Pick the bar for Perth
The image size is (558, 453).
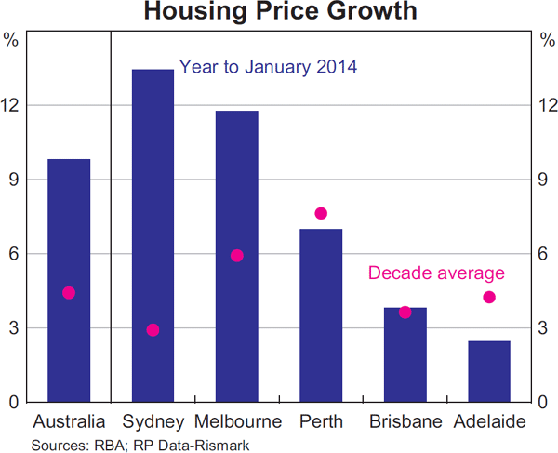pos(321,316)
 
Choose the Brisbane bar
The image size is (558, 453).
pos(405,358)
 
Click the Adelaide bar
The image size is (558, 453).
pos(489,372)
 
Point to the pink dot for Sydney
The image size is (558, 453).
pos(153,330)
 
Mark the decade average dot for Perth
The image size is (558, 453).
pos(321,213)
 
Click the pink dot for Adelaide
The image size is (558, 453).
pos(489,298)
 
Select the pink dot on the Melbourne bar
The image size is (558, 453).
pos(236,256)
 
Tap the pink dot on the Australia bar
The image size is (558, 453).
pos(69,293)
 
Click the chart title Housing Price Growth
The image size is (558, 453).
pos(280,13)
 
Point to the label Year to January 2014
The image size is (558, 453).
pos(268,67)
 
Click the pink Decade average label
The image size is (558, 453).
pos(436,273)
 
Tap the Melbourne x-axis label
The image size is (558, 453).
pos(238,421)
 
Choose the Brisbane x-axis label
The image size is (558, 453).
pos(405,421)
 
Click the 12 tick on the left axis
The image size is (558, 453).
pos(11,105)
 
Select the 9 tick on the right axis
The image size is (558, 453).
pos(546,180)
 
